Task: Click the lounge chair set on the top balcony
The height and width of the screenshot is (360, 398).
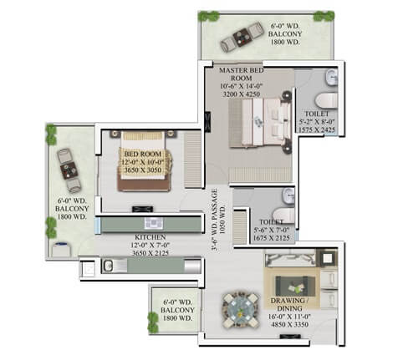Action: click(238, 34)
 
